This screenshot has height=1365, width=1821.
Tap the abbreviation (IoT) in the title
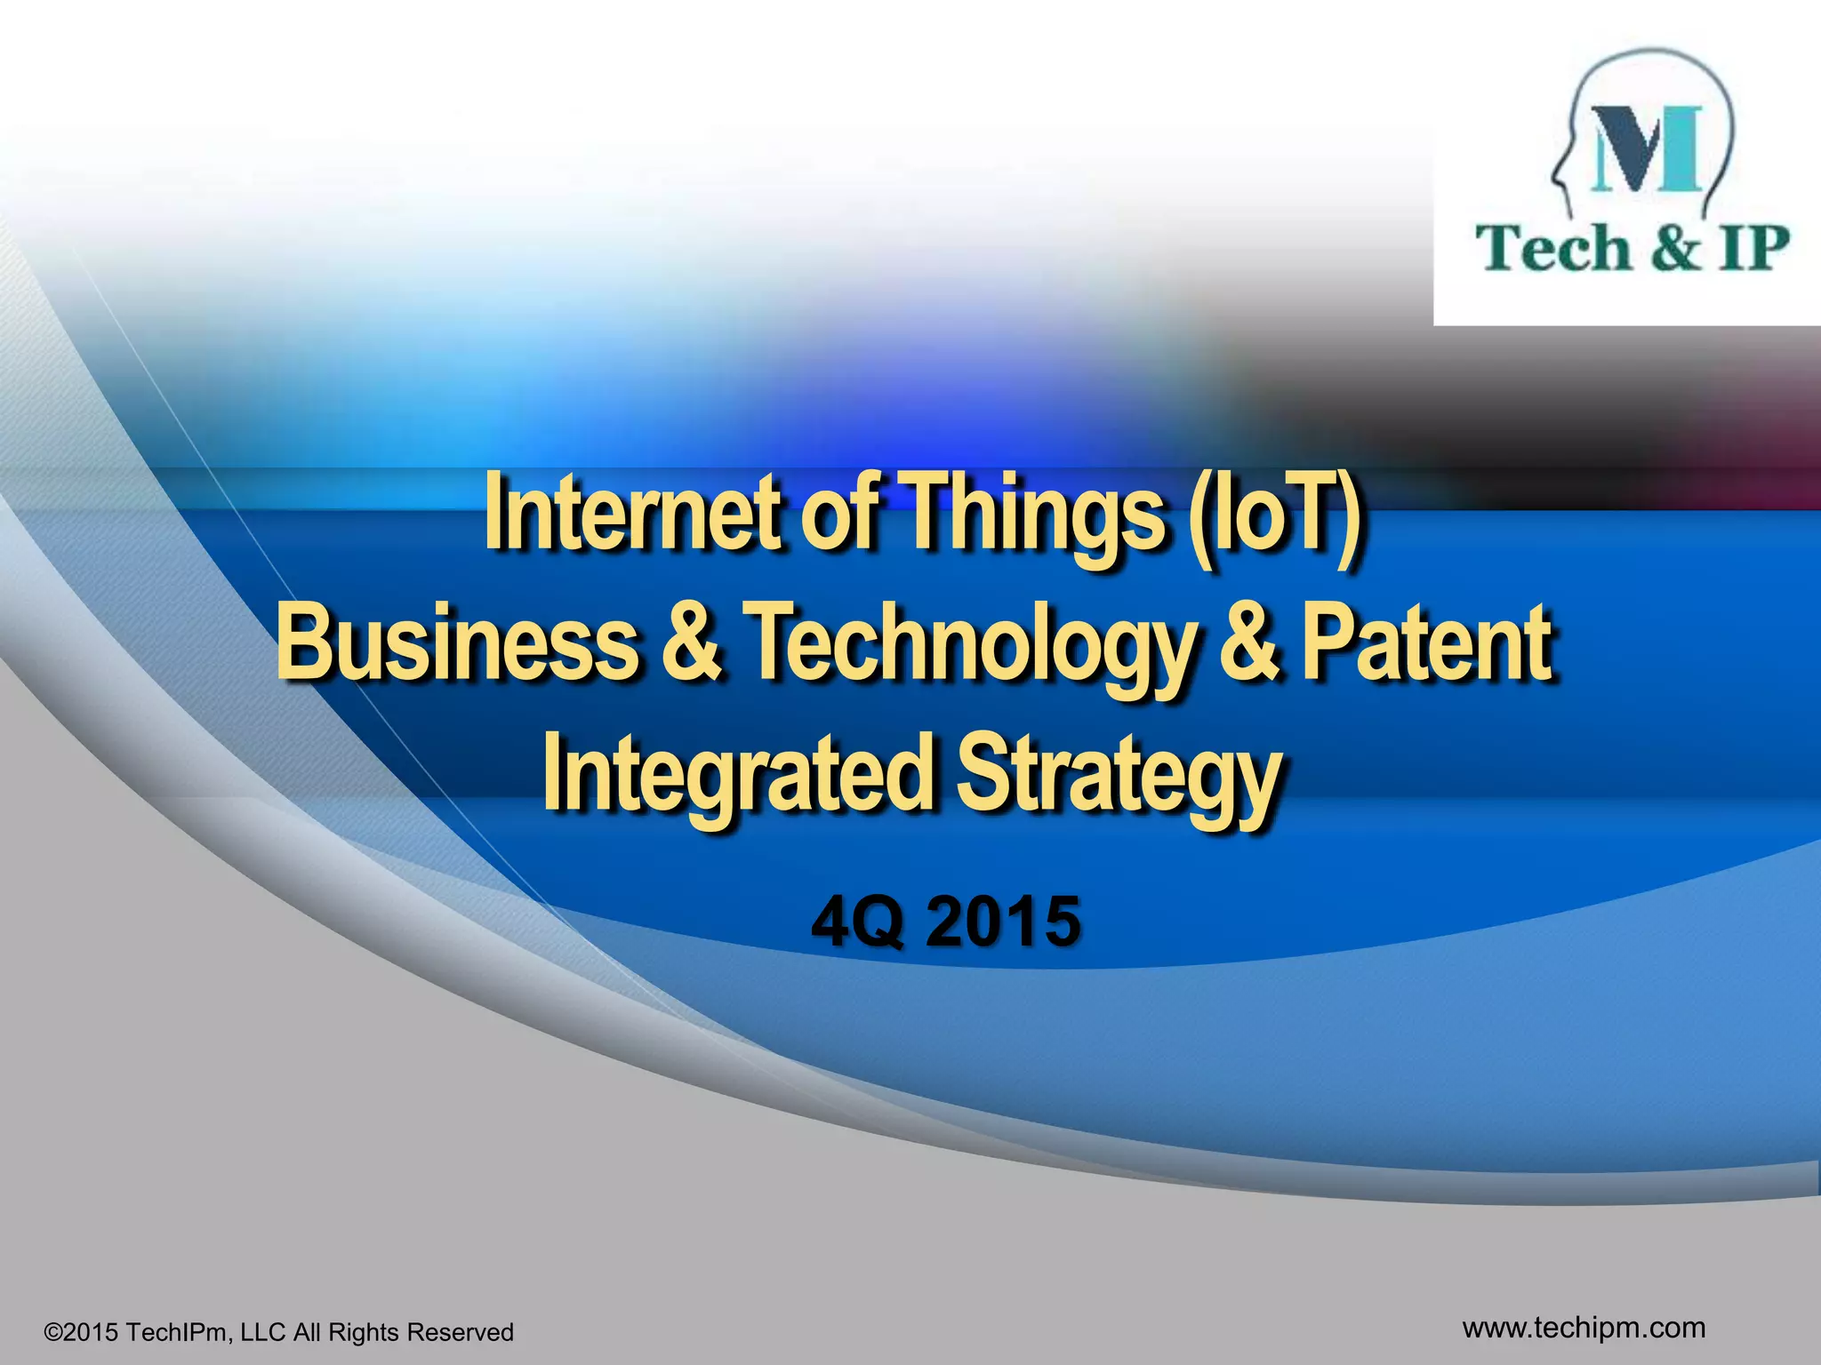[1276, 514]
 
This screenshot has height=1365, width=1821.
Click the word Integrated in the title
[739, 771]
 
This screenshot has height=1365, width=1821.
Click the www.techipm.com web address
[1584, 1327]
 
